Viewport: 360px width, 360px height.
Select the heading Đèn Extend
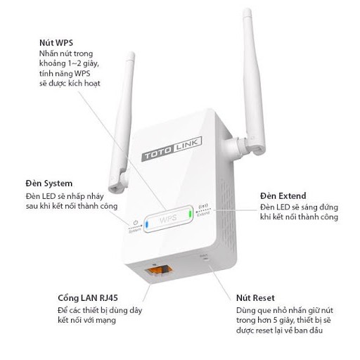point(283,195)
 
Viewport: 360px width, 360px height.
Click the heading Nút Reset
point(255,297)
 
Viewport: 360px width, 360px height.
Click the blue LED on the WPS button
point(146,225)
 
